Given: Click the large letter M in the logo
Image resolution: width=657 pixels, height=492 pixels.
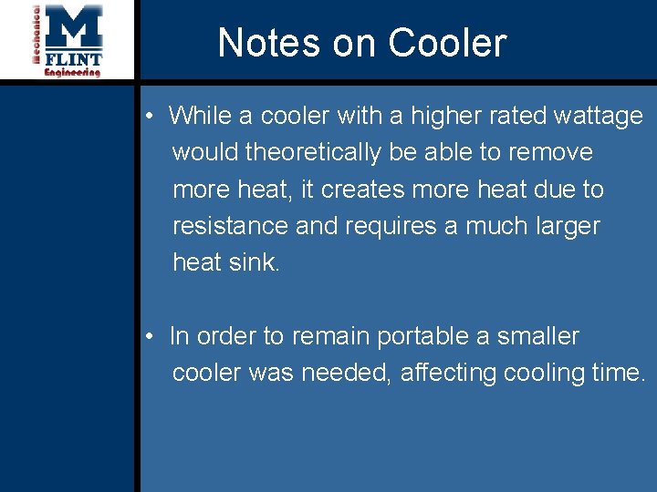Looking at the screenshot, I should pyautogui.click(x=74, y=28).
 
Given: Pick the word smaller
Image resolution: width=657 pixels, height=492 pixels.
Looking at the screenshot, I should pyautogui.click(x=537, y=336).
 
